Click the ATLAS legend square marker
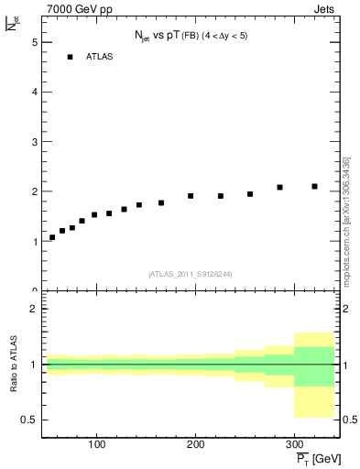pos(70,57)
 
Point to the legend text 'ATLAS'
pos(99,57)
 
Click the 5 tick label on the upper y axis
pos(34,42)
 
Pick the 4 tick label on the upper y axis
pos(34,93)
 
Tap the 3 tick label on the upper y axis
pos(34,142)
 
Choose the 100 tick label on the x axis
pos(97,443)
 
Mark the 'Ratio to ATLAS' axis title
pos(14,365)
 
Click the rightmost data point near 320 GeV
pos(314,186)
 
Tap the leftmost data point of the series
pos(52,237)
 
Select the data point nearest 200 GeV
pos(191,196)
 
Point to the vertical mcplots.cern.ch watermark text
pos(346,220)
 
